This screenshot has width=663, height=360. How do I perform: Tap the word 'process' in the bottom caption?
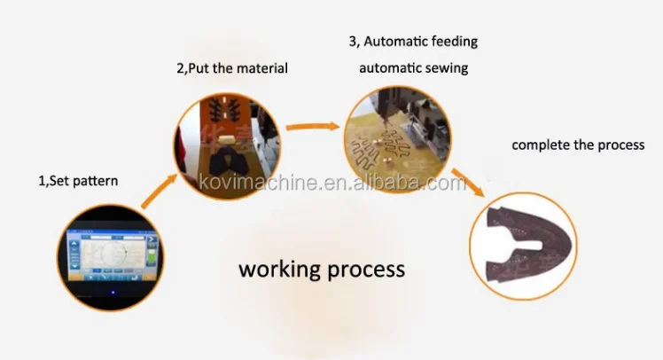point(365,269)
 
